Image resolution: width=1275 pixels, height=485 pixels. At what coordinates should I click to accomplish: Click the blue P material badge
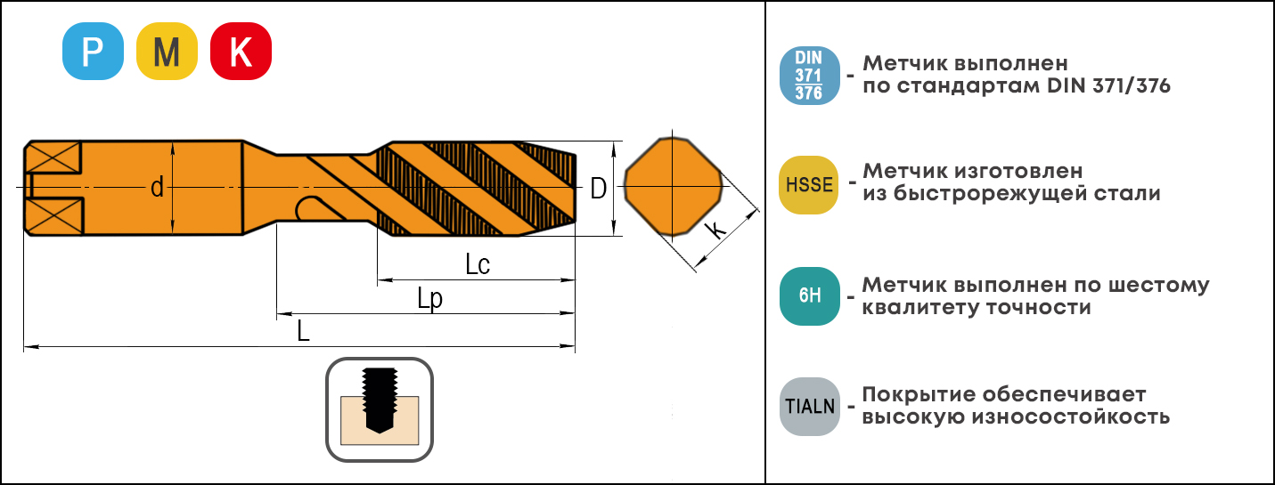coord(93,52)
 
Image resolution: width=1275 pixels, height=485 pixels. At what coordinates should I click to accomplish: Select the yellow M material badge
coord(167,52)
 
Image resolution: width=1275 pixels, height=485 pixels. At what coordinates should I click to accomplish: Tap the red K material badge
coord(241,52)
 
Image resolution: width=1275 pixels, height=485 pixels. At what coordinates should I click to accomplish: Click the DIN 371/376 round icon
coord(809,76)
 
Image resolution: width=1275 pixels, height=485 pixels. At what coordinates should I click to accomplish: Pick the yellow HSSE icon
coord(809,185)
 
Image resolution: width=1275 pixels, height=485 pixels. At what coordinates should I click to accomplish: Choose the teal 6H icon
coord(809,295)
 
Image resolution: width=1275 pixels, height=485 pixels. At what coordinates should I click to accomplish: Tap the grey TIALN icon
coord(809,407)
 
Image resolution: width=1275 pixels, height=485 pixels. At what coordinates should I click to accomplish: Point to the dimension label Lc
coord(478,264)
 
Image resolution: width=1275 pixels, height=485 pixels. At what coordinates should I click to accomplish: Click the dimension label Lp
coord(429,299)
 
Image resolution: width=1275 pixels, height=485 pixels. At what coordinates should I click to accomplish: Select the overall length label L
coord(304,330)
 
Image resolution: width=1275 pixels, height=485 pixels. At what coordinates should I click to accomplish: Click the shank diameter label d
coord(157,187)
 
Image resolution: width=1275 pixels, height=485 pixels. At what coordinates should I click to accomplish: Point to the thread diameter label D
coord(598,188)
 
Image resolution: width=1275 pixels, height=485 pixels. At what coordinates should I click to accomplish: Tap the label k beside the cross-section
coord(715,229)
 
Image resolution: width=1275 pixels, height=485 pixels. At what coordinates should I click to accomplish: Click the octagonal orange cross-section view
coord(673,186)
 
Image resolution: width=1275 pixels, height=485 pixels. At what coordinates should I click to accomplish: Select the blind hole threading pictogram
coord(380,409)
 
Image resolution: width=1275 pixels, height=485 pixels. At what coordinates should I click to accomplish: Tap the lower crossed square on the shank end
coord(55,215)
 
